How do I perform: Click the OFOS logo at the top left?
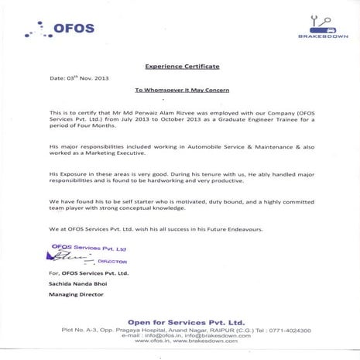60,30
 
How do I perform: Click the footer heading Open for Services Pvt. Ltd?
180,321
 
